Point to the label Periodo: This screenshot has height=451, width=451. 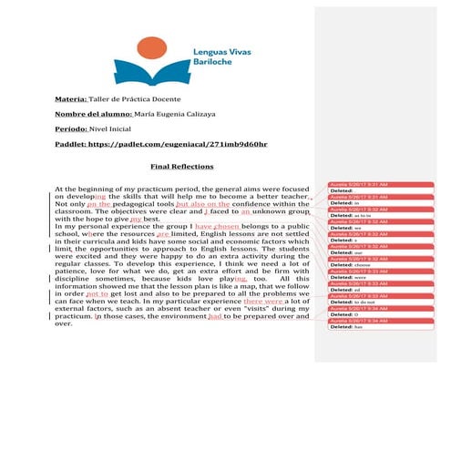[x=70, y=129]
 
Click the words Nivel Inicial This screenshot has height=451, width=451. [x=112, y=129]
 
